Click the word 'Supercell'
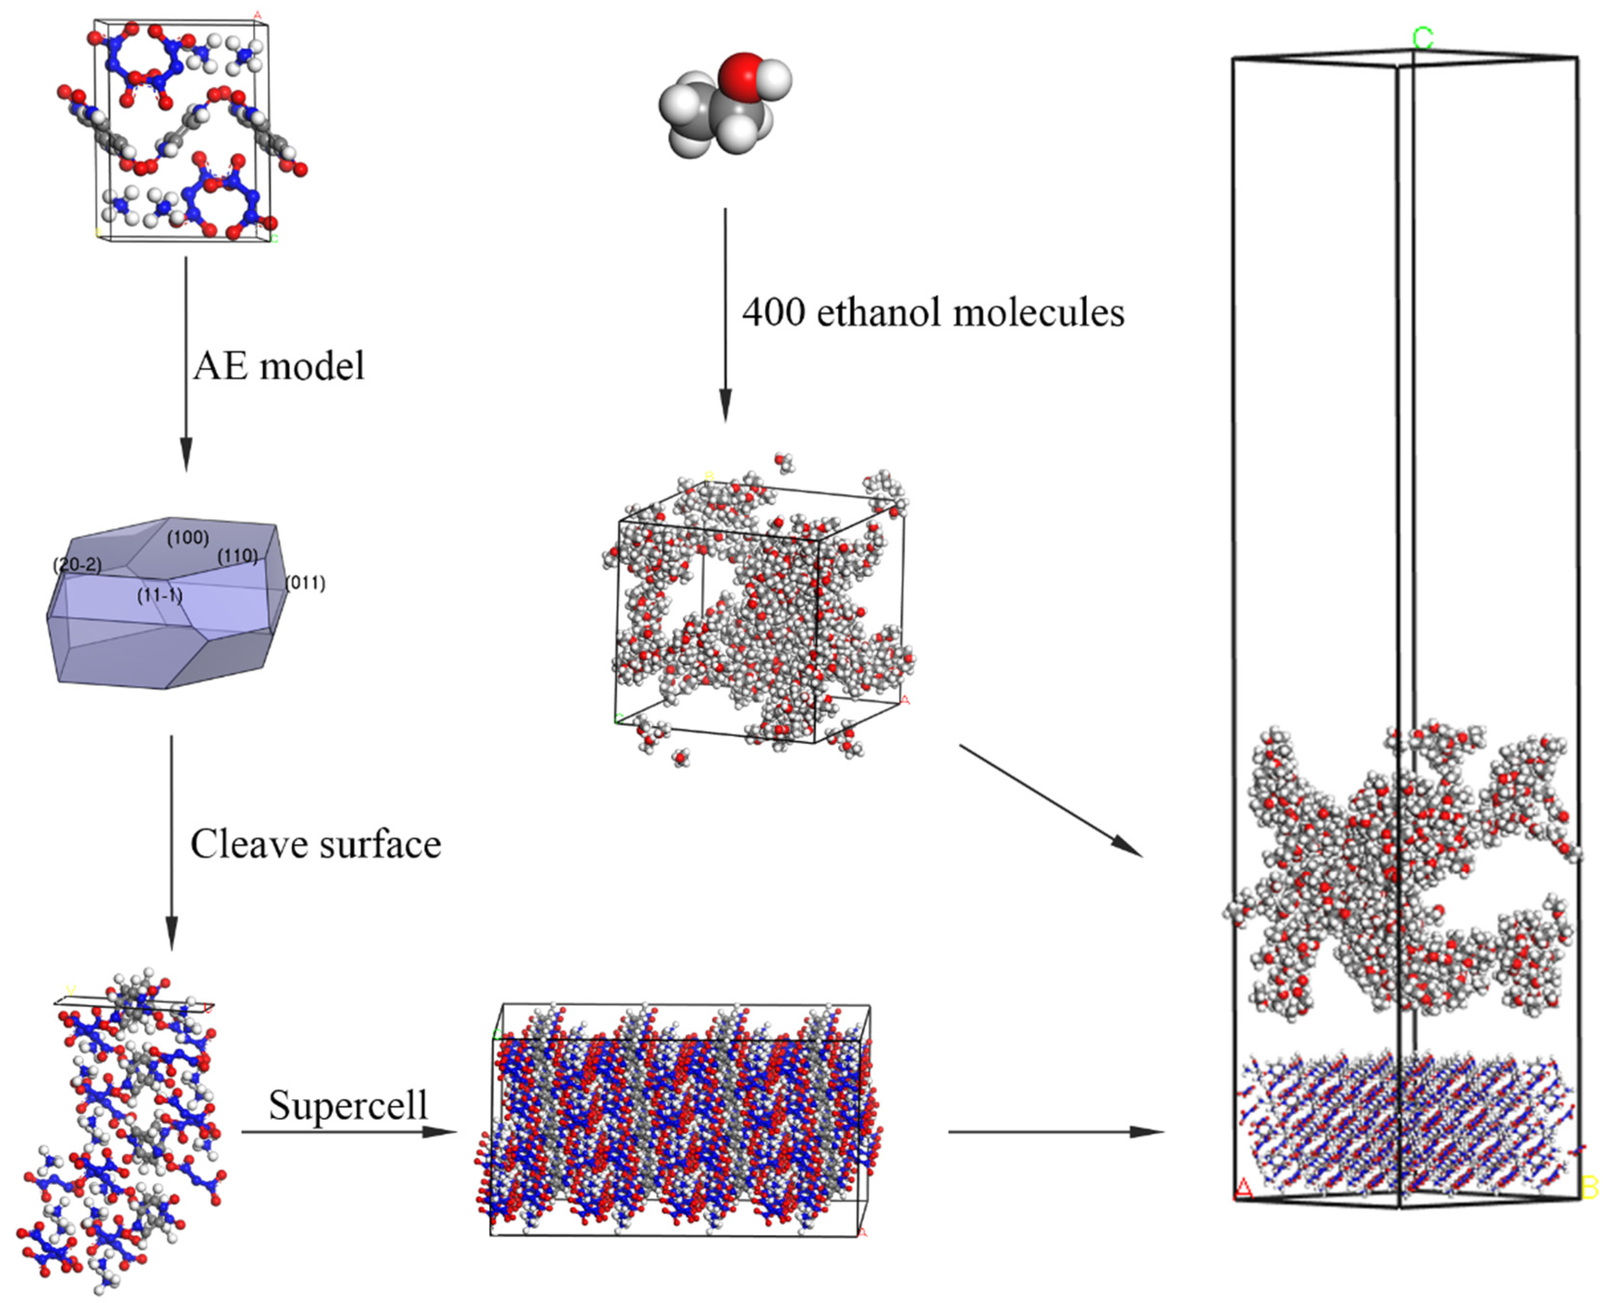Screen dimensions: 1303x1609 tap(348, 1104)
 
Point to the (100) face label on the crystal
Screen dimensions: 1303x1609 tap(188, 537)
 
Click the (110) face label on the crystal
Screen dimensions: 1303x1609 tap(238, 556)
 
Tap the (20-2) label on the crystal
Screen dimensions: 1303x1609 tap(77, 564)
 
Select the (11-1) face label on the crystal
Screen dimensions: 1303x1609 tap(160, 596)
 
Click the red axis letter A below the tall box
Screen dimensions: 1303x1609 tap(1244, 1188)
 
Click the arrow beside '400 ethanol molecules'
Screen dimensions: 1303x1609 tap(725, 315)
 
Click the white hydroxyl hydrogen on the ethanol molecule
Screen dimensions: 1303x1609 tap(777, 78)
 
